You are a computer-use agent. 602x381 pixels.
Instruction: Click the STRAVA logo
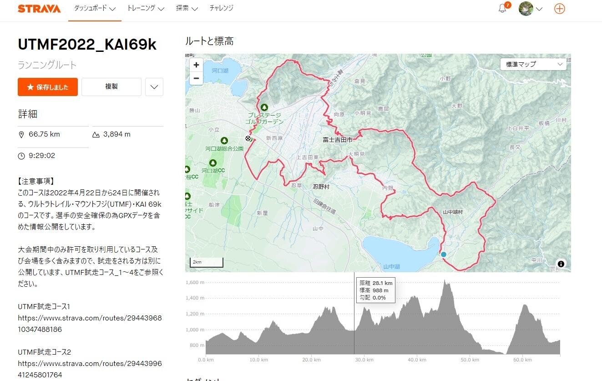(39, 9)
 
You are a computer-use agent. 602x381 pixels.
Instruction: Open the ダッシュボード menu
(95, 9)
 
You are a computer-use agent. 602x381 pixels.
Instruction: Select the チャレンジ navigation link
(222, 9)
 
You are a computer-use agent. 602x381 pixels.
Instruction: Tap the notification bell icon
(502, 9)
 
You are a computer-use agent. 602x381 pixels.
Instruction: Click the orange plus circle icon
(560, 9)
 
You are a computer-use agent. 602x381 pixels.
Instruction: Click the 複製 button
(111, 87)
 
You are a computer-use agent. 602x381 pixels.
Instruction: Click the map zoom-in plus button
(196, 65)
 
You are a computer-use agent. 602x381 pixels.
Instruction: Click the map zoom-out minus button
(196, 78)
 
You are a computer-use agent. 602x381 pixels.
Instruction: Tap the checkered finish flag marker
(248, 139)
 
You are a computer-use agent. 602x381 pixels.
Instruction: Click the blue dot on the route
(444, 254)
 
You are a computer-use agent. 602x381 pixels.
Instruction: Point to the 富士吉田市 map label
(338, 140)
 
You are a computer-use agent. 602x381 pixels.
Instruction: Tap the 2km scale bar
(207, 263)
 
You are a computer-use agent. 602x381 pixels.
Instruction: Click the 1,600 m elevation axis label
(195, 283)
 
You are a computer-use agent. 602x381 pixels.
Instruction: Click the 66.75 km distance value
(44, 134)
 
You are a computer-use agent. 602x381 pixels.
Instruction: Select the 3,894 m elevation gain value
(116, 134)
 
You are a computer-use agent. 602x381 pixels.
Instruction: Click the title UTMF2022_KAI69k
(87, 45)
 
